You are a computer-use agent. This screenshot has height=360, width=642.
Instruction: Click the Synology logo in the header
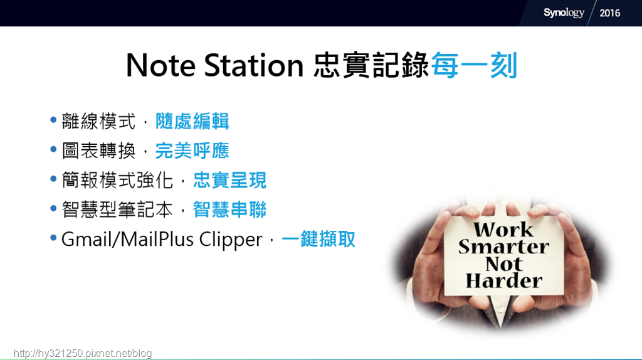(x=564, y=13)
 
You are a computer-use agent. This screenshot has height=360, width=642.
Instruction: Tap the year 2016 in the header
(x=609, y=13)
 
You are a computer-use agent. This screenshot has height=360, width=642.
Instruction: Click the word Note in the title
(x=160, y=65)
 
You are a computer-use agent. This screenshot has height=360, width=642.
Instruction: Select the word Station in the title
(x=254, y=65)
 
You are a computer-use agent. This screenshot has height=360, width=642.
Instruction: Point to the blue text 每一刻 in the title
(x=474, y=65)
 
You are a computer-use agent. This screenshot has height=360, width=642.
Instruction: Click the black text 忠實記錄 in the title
(x=371, y=65)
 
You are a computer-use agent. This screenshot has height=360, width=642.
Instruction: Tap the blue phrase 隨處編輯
(x=192, y=121)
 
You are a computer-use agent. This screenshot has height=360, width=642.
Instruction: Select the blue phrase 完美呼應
(x=192, y=151)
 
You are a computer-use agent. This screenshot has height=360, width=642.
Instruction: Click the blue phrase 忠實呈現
(x=229, y=180)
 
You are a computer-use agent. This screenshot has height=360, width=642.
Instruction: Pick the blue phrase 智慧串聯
(x=229, y=209)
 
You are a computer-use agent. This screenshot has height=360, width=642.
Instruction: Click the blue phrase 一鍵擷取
(x=318, y=239)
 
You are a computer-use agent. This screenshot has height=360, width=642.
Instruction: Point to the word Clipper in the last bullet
(x=231, y=240)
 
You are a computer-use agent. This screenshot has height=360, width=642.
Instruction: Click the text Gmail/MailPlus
(x=128, y=239)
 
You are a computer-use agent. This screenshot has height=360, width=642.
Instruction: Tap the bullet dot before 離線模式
(x=53, y=120)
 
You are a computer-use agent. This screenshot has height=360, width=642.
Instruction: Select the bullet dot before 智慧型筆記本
(x=53, y=208)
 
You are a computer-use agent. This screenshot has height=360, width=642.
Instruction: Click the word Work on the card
(x=503, y=230)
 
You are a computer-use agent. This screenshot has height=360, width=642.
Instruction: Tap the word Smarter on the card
(x=503, y=246)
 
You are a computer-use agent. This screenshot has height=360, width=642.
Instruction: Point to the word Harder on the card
(x=504, y=281)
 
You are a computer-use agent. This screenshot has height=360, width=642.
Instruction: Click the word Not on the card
(x=504, y=264)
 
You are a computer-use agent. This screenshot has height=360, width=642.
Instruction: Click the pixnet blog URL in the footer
(x=83, y=354)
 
